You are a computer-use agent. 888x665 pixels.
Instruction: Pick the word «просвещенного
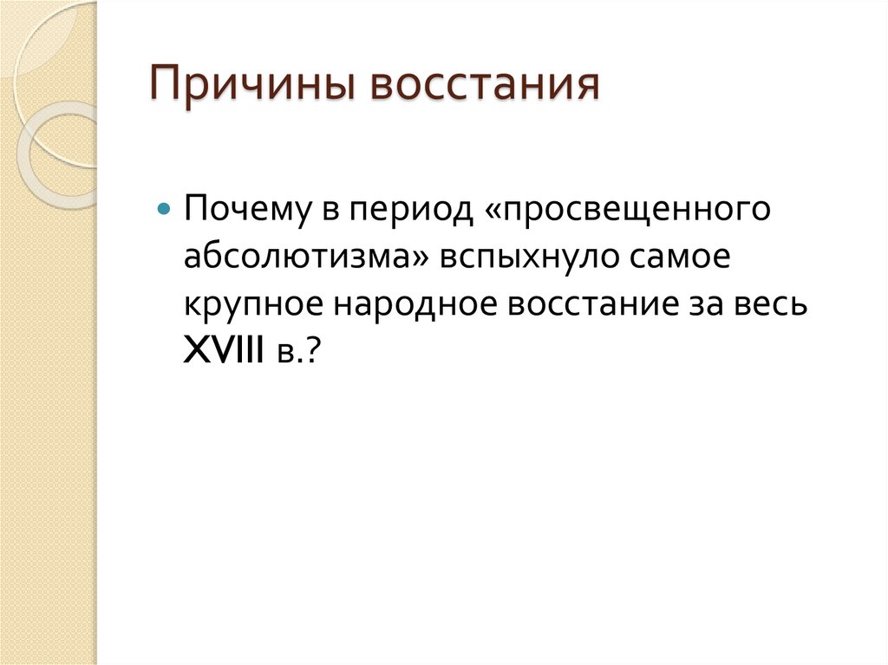pyautogui.click(x=628, y=211)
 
